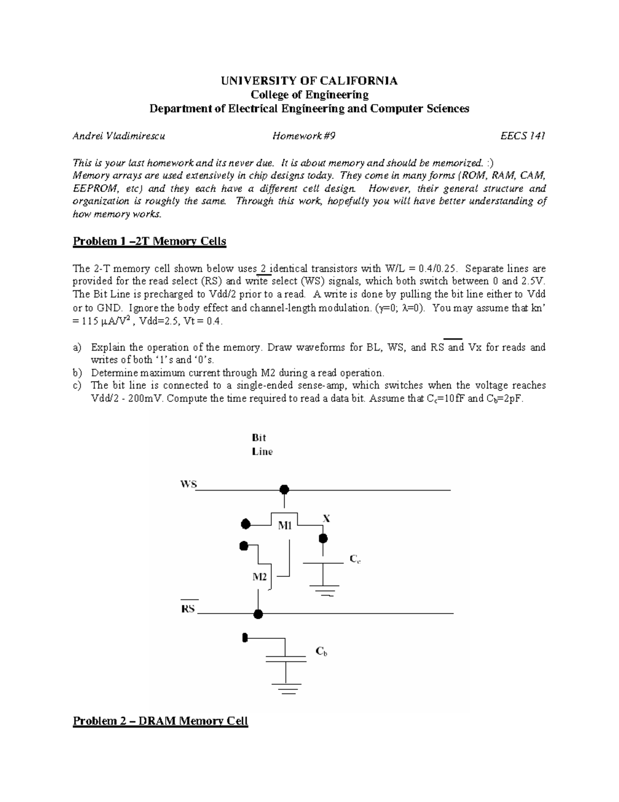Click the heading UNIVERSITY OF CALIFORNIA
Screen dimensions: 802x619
[309, 81]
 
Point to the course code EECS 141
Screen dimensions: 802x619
[523, 136]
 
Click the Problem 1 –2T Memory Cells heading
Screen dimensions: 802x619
[150, 241]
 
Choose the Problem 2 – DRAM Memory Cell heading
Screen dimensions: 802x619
[160, 721]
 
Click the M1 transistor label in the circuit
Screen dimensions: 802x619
[285, 526]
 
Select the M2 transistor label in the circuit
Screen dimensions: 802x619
[259, 577]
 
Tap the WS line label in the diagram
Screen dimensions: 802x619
[188, 484]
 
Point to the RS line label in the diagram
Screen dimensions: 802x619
[188, 608]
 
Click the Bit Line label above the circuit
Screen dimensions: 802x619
[262, 444]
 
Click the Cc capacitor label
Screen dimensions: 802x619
[355, 559]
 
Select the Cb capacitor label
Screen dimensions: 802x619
[321, 652]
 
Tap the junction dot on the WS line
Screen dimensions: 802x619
[283, 490]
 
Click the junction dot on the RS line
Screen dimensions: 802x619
[258, 614]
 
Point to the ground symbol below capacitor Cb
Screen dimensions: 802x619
[285, 686]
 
